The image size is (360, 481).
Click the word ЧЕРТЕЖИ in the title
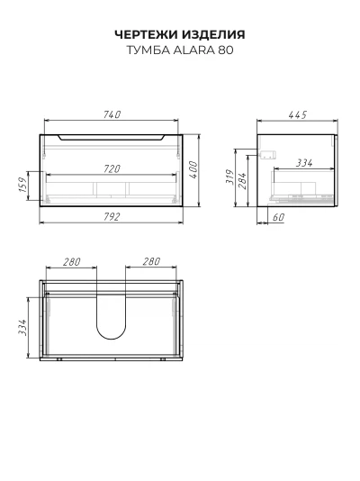click(x=147, y=34)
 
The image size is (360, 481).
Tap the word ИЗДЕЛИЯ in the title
click(x=213, y=34)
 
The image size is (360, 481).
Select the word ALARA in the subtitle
click(x=194, y=50)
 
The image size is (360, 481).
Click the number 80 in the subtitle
click(x=226, y=50)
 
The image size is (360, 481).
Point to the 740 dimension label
click(x=112, y=114)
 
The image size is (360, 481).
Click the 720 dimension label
click(x=112, y=168)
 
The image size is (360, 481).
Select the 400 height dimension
click(x=193, y=169)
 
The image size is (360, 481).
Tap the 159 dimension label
click(x=23, y=185)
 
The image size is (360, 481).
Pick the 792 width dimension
click(x=112, y=217)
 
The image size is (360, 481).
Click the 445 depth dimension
click(x=298, y=114)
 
